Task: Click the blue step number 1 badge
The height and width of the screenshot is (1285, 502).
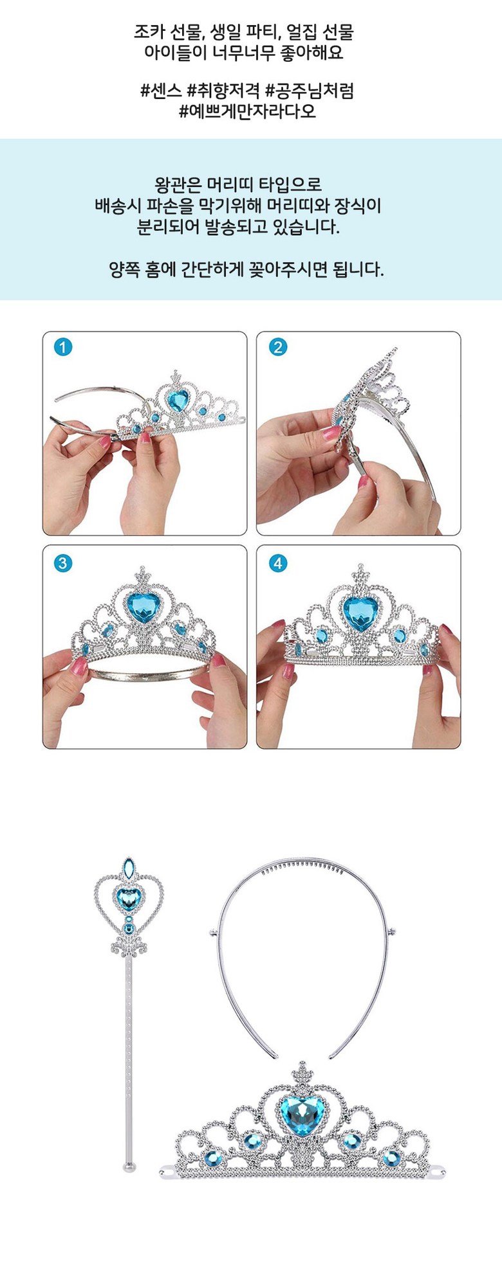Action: click(62, 348)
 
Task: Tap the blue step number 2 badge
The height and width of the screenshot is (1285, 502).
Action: click(277, 348)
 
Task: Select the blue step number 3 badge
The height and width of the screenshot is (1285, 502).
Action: click(62, 564)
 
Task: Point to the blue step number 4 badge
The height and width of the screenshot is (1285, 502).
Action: click(277, 564)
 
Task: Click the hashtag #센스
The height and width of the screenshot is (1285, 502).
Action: click(161, 91)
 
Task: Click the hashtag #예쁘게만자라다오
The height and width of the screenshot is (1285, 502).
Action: click(247, 111)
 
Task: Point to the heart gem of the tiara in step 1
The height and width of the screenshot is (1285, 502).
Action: click(177, 400)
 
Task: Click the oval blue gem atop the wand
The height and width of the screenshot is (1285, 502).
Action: click(129, 869)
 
